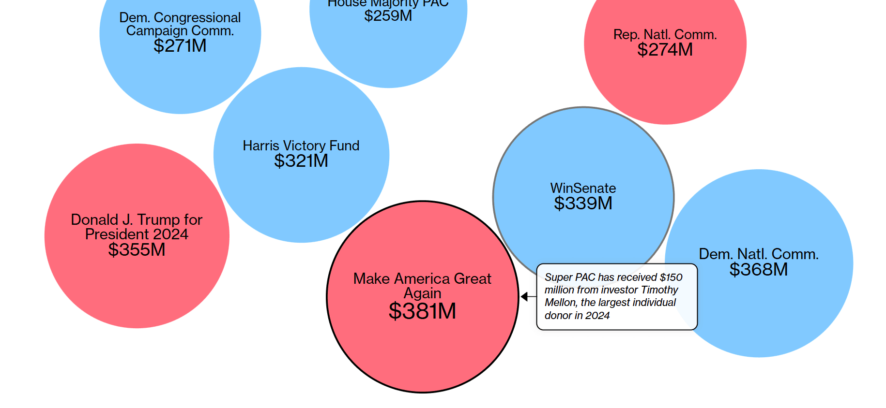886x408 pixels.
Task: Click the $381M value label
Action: pyautogui.click(x=422, y=311)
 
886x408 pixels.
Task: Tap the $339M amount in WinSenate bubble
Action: pyautogui.click(x=583, y=203)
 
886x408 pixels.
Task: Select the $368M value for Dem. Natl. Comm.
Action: pyautogui.click(x=759, y=269)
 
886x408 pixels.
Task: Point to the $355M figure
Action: pyautogui.click(x=137, y=249)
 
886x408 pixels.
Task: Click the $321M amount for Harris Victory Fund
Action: pyautogui.click(x=301, y=160)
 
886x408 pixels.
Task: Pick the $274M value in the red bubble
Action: pyautogui.click(x=665, y=49)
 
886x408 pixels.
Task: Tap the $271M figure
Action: pyautogui.click(x=180, y=45)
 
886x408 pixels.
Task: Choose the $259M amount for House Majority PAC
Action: pyautogui.click(x=388, y=15)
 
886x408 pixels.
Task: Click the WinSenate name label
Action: pyautogui.click(x=583, y=188)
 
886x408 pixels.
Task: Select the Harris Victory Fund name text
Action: pyautogui.click(x=301, y=146)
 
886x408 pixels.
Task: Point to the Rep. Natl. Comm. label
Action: pyautogui.click(x=665, y=35)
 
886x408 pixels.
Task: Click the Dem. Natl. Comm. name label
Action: pyautogui.click(x=759, y=254)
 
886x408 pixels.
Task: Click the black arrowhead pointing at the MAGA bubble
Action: pyautogui.click(x=524, y=296)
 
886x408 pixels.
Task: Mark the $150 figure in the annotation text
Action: pyautogui.click(x=671, y=277)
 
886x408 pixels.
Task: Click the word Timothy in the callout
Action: pyautogui.click(x=659, y=290)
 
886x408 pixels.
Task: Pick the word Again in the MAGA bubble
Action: pyautogui.click(x=422, y=293)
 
